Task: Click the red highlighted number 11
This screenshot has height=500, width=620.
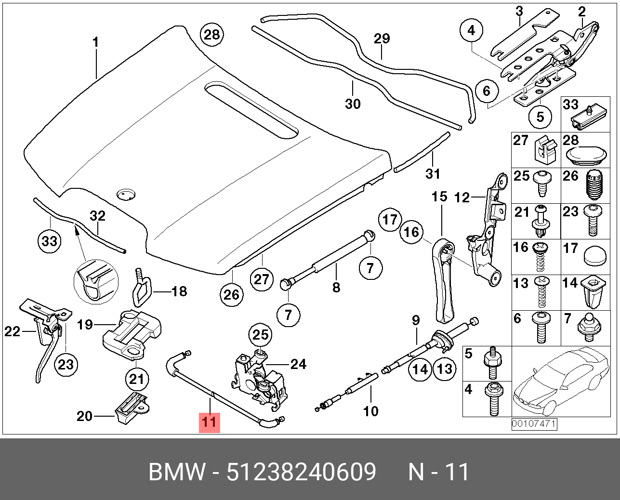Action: tap(210, 423)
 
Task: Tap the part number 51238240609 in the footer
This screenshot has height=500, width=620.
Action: tap(302, 472)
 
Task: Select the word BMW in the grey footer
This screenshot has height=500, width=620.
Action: tap(177, 472)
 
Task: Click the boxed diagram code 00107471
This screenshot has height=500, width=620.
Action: tap(534, 424)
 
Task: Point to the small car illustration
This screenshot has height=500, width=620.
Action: tap(561, 382)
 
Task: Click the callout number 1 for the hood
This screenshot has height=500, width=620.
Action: tap(95, 42)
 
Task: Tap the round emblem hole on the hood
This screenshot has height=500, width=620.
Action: tap(126, 194)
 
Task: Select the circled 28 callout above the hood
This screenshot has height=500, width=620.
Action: tap(212, 35)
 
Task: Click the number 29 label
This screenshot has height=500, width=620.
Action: tap(382, 39)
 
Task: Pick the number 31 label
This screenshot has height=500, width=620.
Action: tap(433, 174)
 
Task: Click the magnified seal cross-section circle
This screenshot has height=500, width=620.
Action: tap(96, 282)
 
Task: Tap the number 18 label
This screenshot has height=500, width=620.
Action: tap(179, 291)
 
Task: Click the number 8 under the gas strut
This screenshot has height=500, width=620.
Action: tap(336, 287)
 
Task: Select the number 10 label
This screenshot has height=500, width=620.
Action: tap(371, 411)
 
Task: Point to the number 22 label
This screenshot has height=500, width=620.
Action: tap(12, 332)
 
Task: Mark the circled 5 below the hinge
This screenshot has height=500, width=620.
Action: tap(540, 117)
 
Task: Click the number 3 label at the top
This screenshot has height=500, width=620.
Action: tap(519, 12)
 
